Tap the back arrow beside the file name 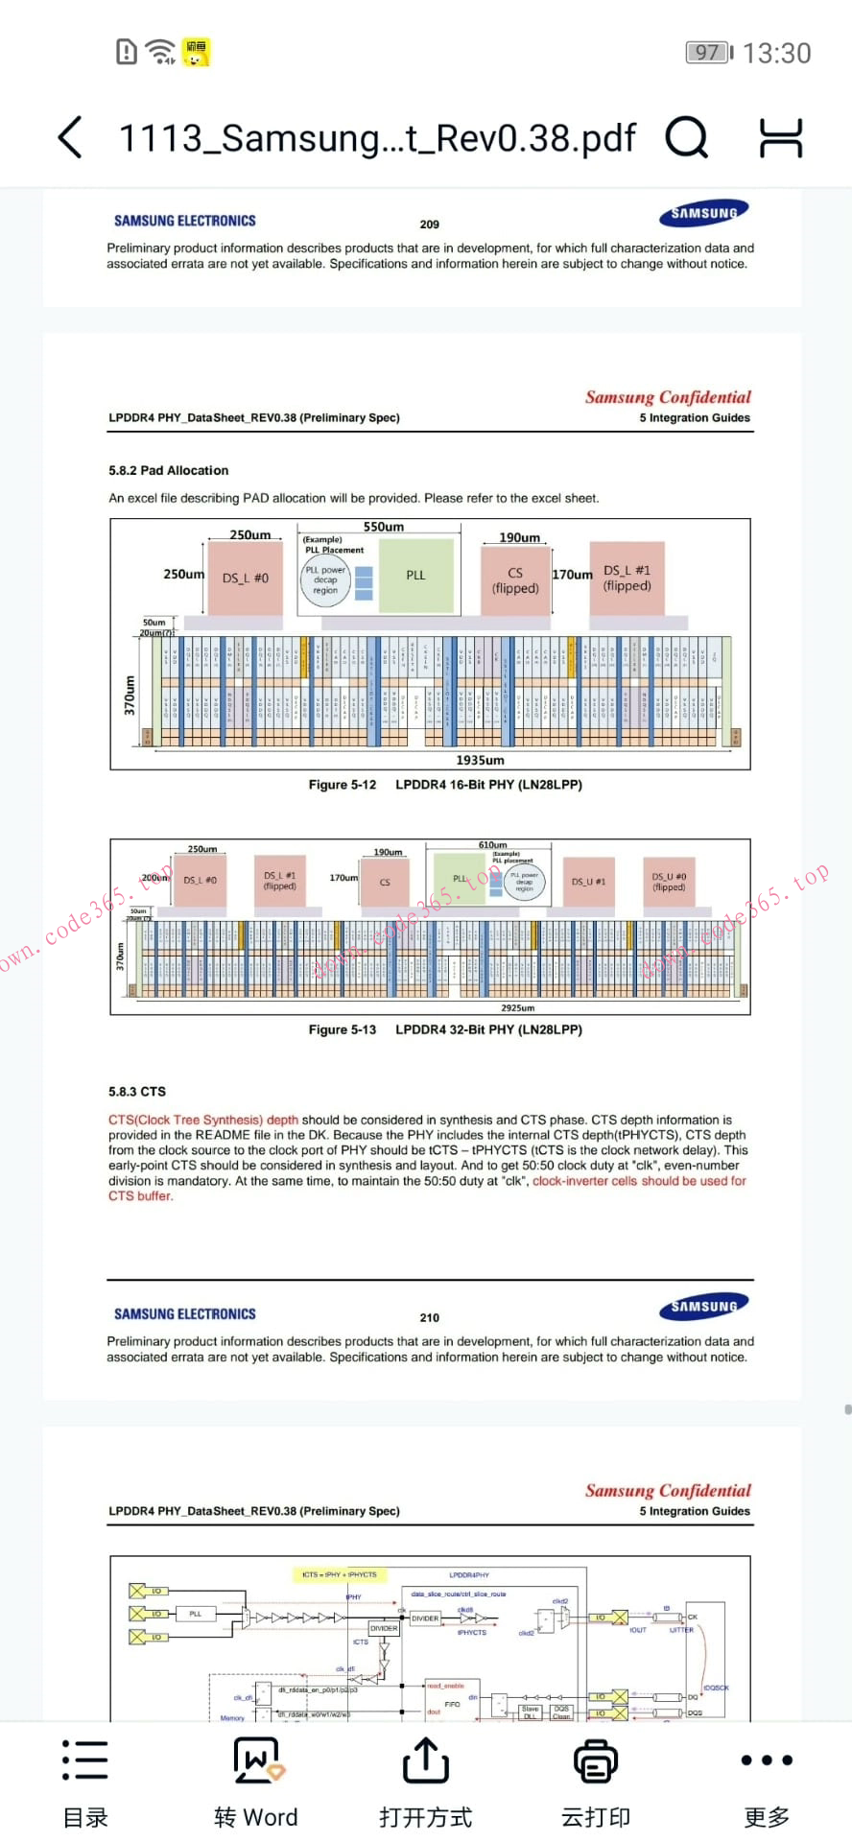click(70, 137)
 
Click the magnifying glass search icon click(686, 137)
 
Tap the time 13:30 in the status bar click(776, 53)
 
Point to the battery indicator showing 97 click(708, 53)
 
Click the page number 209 click(429, 224)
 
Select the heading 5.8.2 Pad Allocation click(169, 471)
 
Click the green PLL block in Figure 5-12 click(415, 576)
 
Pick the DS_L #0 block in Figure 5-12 click(245, 578)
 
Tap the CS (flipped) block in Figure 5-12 click(515, 580)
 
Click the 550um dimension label click(383, 527)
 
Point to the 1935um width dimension click(480, 760)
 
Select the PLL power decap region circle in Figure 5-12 click(325, 580)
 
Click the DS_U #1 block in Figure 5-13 click(588, 882)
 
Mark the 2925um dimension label click(517, 1008)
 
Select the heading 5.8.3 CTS click(137, 1092)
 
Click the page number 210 click(429, 1318)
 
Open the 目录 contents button click(85, 1783)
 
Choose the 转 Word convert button click(256, 1783)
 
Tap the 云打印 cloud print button click(596, 1783)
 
